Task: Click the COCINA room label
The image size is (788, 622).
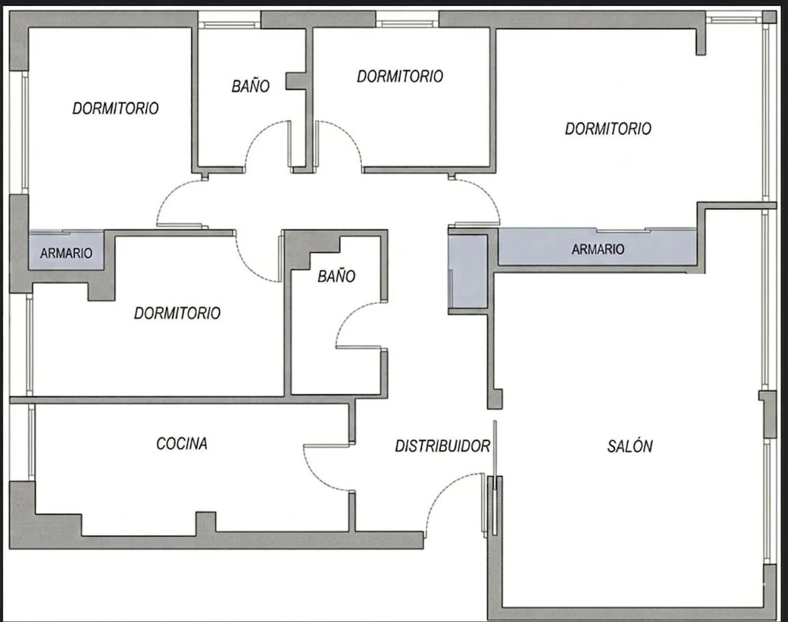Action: coord(181,443)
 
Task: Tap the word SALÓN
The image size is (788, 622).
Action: coord(630,446)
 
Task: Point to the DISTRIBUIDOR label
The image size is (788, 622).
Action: coord(442,446)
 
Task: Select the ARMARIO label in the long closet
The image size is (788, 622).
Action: coord(598,249)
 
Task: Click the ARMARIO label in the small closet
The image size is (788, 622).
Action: coord(66,253)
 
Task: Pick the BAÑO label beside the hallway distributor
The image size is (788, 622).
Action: coord(336,276)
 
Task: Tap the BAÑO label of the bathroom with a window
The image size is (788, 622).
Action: coord(251,86)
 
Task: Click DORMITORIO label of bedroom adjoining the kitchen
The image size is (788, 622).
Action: coord(177,313)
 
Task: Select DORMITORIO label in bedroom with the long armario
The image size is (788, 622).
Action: coord(608,128)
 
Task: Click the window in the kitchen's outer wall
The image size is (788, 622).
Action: coord(32,442)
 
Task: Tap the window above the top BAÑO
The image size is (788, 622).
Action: coord(229,25)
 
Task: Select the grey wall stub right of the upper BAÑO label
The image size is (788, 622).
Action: coord(296,81)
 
